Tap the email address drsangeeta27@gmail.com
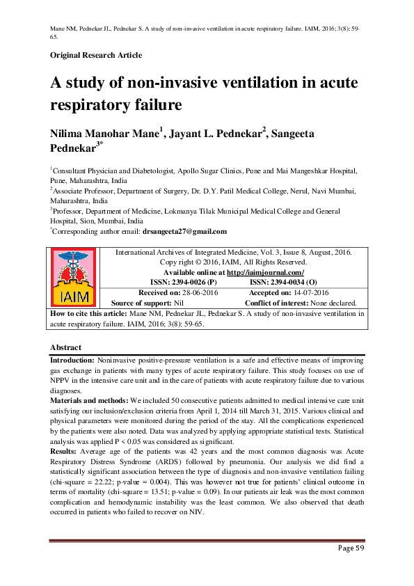(x=184, y=231)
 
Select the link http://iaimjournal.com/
(x=271, y=273)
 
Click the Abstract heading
(x=65, y=347)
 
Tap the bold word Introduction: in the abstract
(x=72, y=362)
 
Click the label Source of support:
(x=147, y=303)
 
